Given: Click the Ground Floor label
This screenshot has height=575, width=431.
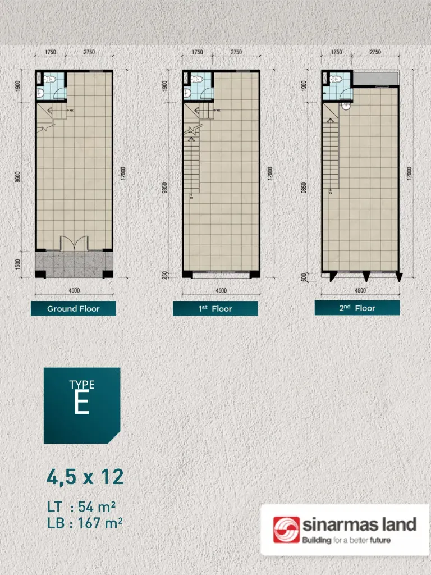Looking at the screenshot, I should (x=73, y=308).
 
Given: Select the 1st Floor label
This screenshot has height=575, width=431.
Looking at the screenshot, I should (x=215, y=308).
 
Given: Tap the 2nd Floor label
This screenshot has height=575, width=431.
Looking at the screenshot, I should (x=357, y=308).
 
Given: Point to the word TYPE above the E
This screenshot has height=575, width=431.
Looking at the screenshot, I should (x=82, y=385).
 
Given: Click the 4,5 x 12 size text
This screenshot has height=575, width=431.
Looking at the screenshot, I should (x=85, y=477).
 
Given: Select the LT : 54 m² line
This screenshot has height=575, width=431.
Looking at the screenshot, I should (x=81, y=507).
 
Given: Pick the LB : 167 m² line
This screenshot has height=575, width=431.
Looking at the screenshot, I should (x=85, y=523).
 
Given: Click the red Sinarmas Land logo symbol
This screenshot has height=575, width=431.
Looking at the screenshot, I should (x=286, y=530).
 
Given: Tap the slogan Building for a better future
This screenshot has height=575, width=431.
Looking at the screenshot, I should (x=346, y=541).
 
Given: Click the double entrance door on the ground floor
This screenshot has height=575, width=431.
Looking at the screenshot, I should (x=74, y=242).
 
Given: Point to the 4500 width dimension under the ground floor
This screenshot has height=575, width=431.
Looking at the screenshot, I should (x=74, y=290).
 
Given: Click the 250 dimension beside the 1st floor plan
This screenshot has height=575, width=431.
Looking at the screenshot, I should (x=165, y=275).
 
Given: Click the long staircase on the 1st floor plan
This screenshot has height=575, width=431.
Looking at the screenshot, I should (x=192, y=163).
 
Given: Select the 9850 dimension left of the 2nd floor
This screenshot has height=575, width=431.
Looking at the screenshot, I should (x=304, y=186).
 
